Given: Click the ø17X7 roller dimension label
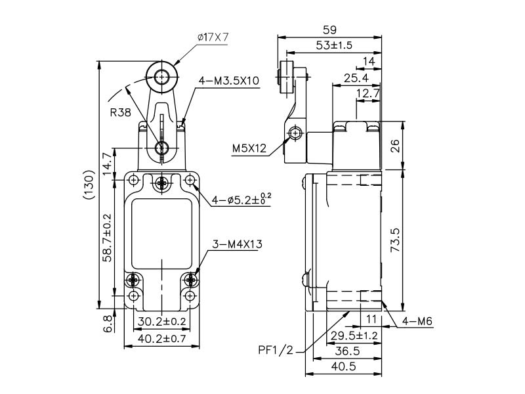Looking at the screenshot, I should pyautogui.click(x=212, y=37).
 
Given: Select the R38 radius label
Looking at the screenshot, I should pyautogui.click(x=121, y=112).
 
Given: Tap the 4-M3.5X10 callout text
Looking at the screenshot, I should pyautogui.click(x=229, y=81).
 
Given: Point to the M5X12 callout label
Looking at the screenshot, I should pyautogui.click(x=249, y=149).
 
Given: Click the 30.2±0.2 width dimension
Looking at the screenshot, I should pyautogui.click(x=161, y=321).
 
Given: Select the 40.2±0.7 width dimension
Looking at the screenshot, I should pyautogui.click(x=161, y=339).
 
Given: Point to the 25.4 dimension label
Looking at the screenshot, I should pyautogui.click(x=355, y=79).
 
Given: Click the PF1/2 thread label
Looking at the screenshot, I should pyautogui.click(x=275, y=349).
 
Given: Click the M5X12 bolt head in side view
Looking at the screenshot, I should pyautogui.click(x=295, y=134).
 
